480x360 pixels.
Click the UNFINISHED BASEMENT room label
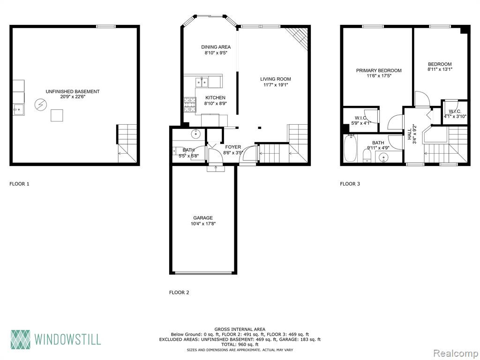73,91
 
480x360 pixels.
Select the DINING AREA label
216,47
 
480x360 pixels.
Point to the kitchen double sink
202,82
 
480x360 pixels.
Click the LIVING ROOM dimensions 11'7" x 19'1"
276,85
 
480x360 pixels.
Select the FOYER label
233,147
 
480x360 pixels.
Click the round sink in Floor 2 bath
195,134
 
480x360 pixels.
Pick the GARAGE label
203,217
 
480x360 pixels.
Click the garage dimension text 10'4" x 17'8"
203,224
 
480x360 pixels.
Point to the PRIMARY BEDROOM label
379,70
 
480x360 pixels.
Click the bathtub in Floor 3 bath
349,149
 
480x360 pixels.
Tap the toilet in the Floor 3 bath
367,157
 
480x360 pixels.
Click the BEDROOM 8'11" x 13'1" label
440,67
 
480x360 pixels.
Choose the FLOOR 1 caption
19,184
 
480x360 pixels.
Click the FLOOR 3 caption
350,184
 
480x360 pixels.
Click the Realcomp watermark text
456,353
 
